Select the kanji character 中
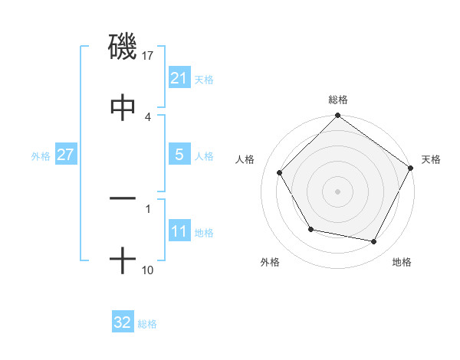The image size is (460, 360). pyautogui.click(x=123, y=107)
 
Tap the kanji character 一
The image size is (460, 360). pyautogui.click(x=123, y=198)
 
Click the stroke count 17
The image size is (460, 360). pyautogui.click(x=149, y=55)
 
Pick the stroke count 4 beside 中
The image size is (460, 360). pyautogui.click(x=148, y=116)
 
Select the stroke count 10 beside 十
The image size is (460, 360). pyautogui.click(x=148, y=270)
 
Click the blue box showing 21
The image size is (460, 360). pyautogui.click(x=179, y=78)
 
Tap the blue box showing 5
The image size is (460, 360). pyautogui.click(x=179, y=155)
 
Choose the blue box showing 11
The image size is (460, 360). pyautogui.click(x=179, y=231)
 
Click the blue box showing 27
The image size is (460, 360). pyautogui.click(x=65, y=155)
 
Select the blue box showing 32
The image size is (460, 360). pyautogui.click(x=123, y=322)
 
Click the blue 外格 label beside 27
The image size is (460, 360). pyautogui.click(x=41, y=155)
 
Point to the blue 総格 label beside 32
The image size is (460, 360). pyautogui.click(x=147, y=323)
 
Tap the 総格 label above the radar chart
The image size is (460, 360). pyautogui.click(x=338, y=100)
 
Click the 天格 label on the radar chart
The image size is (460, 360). pyautogui.click(x=431, y=159)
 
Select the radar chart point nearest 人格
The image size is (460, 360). pyautogui.click(x=280, y=172)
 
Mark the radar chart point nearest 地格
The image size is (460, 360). pyautogui.click(x=374, y=241)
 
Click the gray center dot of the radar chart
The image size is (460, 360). pyautogui.click(x=338, y=191)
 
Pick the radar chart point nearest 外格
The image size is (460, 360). pyautogui.click(x=310, y=229)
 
